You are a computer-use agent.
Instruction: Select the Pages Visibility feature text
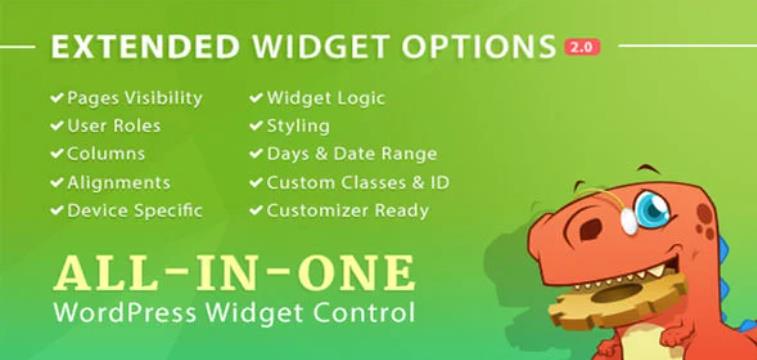click(134, 98)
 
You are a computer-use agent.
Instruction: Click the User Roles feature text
click(113, 126)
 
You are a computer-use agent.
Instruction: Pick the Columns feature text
click(105, 154)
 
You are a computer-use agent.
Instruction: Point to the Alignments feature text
click(118, 183)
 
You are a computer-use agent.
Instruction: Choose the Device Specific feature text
click(134, 211)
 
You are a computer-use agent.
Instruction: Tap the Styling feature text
click(297, 126)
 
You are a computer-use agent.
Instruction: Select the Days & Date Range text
click(351, 154)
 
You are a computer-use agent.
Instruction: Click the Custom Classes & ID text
click(357, 183)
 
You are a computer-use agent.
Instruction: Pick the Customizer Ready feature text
click(347, 211)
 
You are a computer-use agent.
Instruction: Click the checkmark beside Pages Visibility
click(56, 98)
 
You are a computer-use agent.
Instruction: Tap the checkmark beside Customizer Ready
click(256, 211)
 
